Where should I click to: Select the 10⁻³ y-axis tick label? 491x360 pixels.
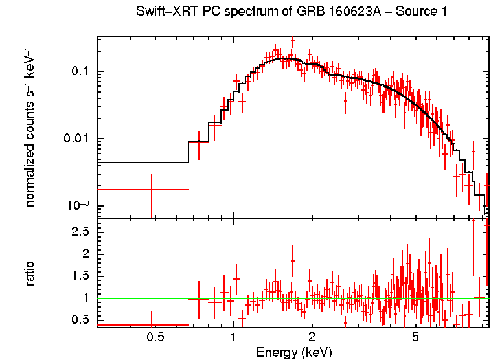pyautogui.click(x=78, y=206)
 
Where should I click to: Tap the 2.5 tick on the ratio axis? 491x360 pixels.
pyautogui.click(x=80, y=231)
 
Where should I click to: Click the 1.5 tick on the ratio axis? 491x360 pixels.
pyautogui.click(x=80, y=276)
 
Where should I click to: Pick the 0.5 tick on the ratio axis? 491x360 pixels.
pyautogui.click(x=80, y=320)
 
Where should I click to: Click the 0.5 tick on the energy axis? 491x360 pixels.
pyautogui.click(x=154, y=337)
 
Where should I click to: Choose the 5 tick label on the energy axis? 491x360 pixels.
pyautogui.click(x=415, y=337)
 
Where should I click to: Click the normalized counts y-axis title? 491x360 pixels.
pyautogui.click(x=30, y=128)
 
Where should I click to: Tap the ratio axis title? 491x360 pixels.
pyautogui.click(x=30, y=273)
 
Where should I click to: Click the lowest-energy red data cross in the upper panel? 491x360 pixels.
pyautogui.click(x=152, y=189)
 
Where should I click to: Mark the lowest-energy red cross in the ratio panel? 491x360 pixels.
pyautogui.click(x=152, y=325)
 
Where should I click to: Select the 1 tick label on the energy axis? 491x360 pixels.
pyautogui.click(x=233, y=337)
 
